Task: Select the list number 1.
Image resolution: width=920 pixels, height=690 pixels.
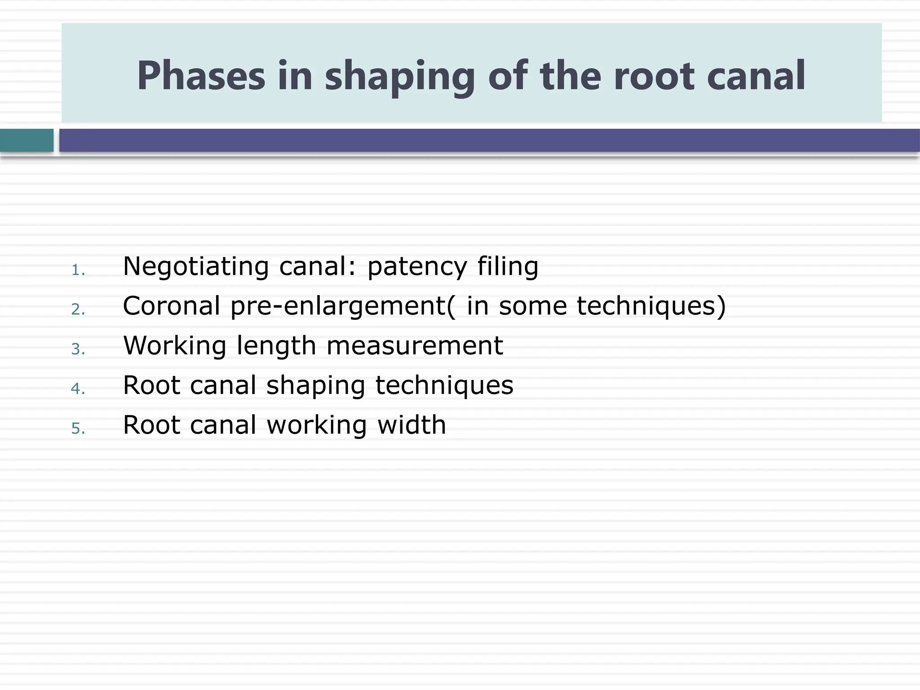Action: [78, 270]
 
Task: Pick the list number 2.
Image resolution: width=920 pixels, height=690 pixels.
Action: [78, 310]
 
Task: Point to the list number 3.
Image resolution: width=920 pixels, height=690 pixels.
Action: [78, 349]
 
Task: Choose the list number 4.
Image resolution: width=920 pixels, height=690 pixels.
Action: [78, 389]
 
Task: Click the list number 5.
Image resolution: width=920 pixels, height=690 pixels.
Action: [78, 429]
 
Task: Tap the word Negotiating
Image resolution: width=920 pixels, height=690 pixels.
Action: [195, 266]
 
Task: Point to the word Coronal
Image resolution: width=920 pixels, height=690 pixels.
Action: [171, 306]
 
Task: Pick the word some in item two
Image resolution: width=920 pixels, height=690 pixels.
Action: [533, 306]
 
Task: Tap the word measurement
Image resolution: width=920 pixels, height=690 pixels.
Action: [414, 346]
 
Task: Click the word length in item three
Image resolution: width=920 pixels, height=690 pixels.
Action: [276, 346]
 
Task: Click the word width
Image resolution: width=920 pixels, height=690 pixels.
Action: [411, 425]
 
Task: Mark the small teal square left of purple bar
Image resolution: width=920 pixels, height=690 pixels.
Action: [27, 141]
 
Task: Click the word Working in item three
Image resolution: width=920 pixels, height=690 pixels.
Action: [174, 346]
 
